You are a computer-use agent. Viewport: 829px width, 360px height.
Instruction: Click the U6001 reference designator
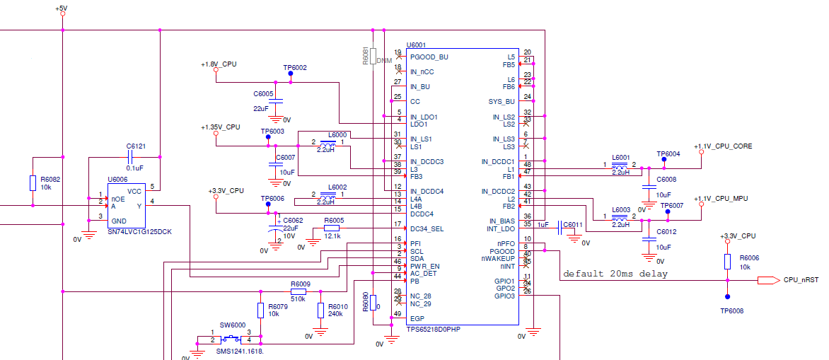point(416,45)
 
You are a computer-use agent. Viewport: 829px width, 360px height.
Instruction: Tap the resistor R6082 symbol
point(33,183)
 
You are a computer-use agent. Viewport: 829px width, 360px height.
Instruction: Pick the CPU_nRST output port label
point(801,280)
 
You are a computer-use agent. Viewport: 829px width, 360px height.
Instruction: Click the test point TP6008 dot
point(727,297)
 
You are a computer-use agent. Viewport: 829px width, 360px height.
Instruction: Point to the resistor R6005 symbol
point(332,228)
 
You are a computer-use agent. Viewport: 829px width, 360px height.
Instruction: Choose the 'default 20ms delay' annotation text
point(615,274)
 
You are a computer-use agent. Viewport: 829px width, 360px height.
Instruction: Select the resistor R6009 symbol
point(298,291)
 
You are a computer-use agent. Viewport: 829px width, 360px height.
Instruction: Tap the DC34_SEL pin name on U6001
point(427,228)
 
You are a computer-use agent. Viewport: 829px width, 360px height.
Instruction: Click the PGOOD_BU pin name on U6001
point(429,57)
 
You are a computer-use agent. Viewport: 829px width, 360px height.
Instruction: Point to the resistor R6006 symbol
point(727,262)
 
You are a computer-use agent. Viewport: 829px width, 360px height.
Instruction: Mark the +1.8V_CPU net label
point(219,64)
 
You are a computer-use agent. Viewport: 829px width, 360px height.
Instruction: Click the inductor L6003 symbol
point(620,219)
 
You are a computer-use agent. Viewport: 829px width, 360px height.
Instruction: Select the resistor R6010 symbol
point(321,310)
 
